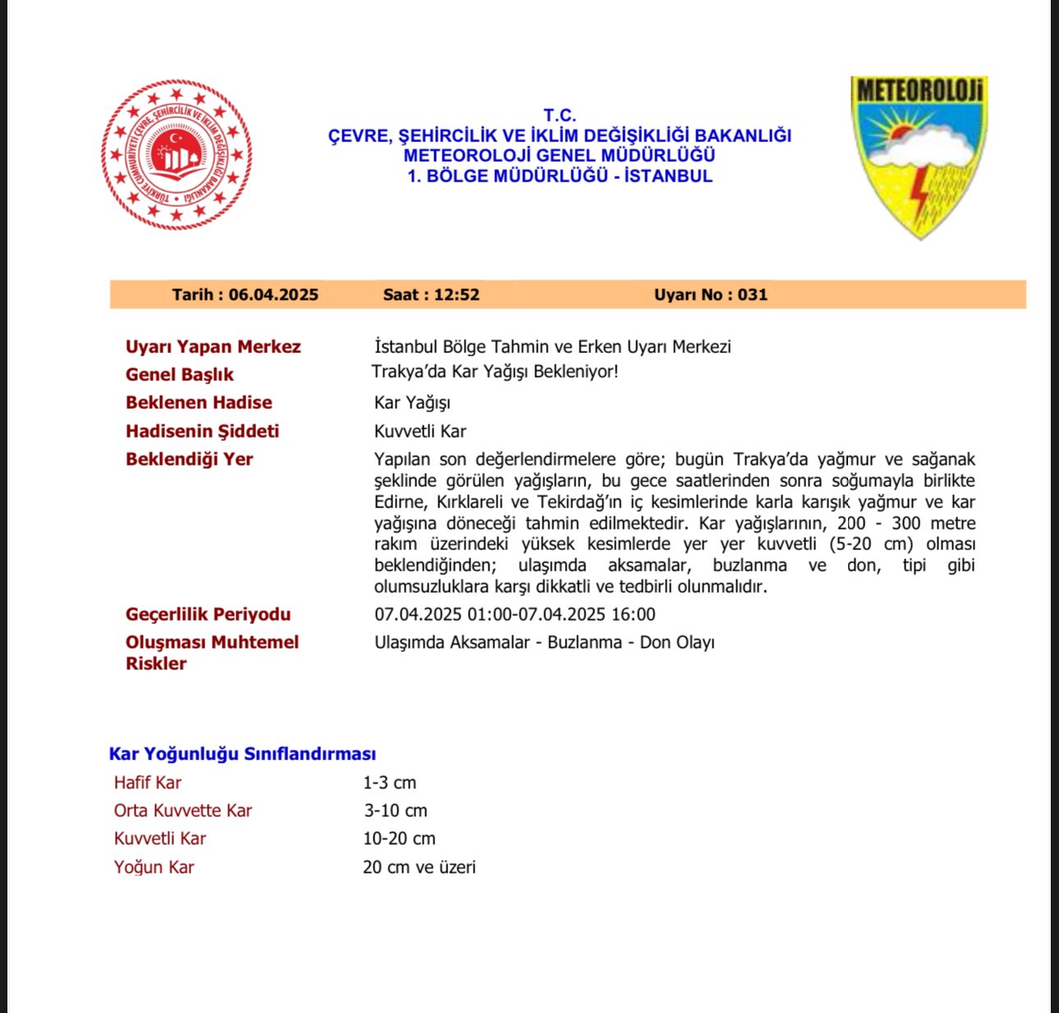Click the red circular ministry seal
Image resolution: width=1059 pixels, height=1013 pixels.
[176, 154]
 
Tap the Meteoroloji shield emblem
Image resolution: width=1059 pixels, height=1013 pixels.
[919, 156]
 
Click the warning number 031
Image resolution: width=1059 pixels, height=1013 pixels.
[752, 295]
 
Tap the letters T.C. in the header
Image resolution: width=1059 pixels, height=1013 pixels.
[560, 116]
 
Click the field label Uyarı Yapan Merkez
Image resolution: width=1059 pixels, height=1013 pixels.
[213, 346]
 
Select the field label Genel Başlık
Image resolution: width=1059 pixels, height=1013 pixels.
[179, 374]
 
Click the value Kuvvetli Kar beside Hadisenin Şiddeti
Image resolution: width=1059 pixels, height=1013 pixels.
[420, 431]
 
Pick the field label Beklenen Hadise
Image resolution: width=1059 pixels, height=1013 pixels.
[199, 402]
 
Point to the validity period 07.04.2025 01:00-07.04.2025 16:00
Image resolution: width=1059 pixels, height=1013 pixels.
[515, 614]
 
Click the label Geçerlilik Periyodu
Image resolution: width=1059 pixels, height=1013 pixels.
[208, 614]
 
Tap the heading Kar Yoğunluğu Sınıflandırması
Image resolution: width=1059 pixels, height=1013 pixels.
[242, 754]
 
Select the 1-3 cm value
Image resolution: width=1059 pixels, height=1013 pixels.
[389, 782]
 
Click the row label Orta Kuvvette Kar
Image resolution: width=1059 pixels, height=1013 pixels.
[182, 810]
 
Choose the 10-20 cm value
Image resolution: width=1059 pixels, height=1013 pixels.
[399, 838]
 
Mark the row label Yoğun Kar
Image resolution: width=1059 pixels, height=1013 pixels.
[154, 867]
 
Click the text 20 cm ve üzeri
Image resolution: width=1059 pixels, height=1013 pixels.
[419, 867]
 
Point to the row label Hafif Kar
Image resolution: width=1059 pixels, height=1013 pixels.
[147, 782]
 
